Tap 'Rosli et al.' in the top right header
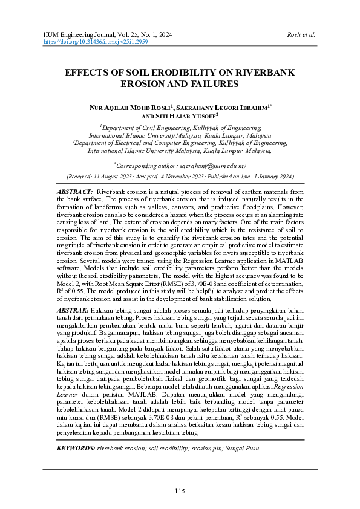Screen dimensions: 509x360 (302, 35)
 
